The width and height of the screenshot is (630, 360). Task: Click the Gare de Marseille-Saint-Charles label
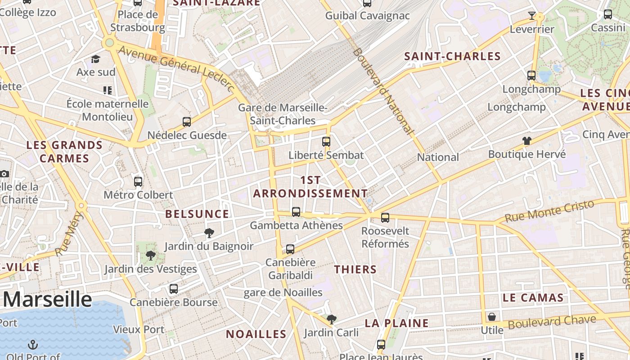click(x=283, y=114)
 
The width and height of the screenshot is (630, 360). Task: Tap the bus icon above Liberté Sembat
click(x=326, y=142)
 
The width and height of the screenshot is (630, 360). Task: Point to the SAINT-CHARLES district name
click(x=452, y=56)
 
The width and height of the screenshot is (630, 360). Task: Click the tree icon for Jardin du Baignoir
click(x=209, y=233)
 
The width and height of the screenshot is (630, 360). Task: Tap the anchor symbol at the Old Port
click(x=32, y=345)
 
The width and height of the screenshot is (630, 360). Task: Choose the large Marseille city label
click(x=48, y=299)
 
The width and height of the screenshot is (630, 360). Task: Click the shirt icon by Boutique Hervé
click(x=527, y=141)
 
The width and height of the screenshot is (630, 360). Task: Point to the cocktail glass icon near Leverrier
click(x=532, y=16)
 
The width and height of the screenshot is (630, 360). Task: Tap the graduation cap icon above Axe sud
click(x=95, y=59)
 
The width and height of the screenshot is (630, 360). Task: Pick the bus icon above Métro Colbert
click(x=138, y=182)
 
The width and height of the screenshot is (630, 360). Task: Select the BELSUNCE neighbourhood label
click(x=197, y=214)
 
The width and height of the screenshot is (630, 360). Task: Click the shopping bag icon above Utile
click(x=492, y=317)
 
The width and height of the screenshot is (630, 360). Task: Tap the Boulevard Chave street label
click(x=552, y=322)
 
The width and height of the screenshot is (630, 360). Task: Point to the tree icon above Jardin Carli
click(x=332, y=319)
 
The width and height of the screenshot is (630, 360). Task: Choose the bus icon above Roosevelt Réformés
click(x=385, y=218)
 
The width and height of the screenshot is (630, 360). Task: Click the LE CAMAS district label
click(x=533, y=297)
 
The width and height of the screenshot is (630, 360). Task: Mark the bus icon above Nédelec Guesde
click(x=187, y=121)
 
